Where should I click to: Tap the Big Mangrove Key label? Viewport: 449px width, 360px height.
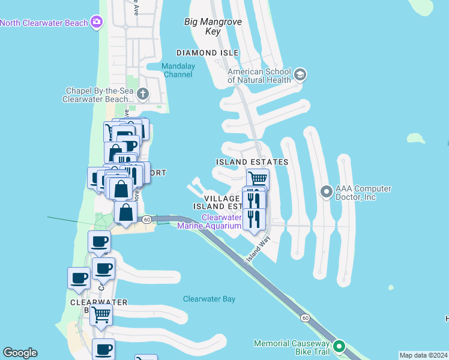pyautogui.click(x=212, y=27)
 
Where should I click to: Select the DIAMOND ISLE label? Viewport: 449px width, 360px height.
pyautogui.click(x=205, y=53)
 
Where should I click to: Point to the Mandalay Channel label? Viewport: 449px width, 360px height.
pyautogui.click(x=177, y=70)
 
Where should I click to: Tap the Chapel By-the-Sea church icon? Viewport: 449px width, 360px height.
pyautogui.click(x=143, y=94)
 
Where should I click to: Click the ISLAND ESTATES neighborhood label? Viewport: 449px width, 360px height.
pyautogui.click(x=252, y=162)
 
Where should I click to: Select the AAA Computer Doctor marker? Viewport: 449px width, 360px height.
pyautogui.click(x=327, y=192)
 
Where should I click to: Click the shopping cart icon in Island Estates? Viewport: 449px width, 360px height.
pyautogui.click(x=258, y=178)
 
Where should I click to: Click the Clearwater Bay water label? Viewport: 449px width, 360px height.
pyautogui.click(x=209, y=299)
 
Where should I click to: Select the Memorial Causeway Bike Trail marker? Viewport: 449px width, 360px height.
pyautogui.click(x=339, y=346)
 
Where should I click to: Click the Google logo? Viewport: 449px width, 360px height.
pyautogui.click(x=20, y=353)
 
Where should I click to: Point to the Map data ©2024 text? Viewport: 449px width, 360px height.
pyautogui.click(x=423, y=355)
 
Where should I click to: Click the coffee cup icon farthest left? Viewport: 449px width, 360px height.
pyautogui.click(x=79, y=278)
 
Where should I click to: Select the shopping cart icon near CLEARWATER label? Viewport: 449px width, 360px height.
pyautogui.click(x=101, y=313)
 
